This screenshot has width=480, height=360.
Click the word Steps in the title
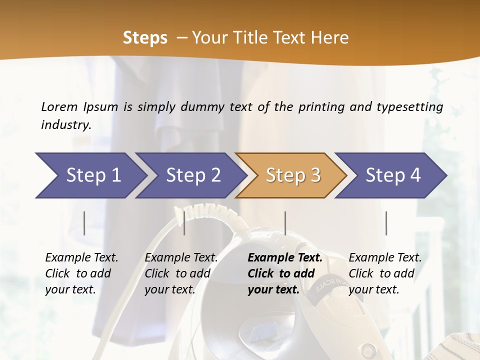point(145,38)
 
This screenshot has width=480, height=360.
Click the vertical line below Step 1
point(84,223)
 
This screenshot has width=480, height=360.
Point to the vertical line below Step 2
point(184,223)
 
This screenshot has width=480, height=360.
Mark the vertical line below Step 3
point(285,223)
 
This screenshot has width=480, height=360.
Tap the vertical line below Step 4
point(386,223)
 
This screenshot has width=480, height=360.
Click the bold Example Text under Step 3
point(285,257)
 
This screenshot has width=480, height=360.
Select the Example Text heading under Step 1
point(81,257)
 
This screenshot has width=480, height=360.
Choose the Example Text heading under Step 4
point(385,257)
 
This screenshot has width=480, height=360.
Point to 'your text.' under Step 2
point(169,289)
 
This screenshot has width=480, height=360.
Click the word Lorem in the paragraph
point(59,106)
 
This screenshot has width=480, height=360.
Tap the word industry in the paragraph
point(66,125)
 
